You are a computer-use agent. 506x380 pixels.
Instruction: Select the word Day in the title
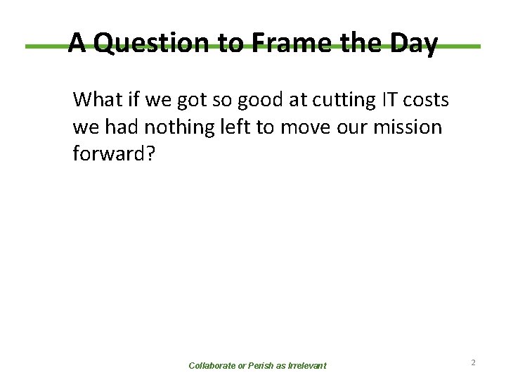point(413,44)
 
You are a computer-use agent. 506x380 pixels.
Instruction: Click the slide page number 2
point(474,362)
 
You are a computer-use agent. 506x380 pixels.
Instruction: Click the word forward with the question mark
point(111,154)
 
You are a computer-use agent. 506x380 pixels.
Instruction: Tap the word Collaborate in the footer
point(213,366)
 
